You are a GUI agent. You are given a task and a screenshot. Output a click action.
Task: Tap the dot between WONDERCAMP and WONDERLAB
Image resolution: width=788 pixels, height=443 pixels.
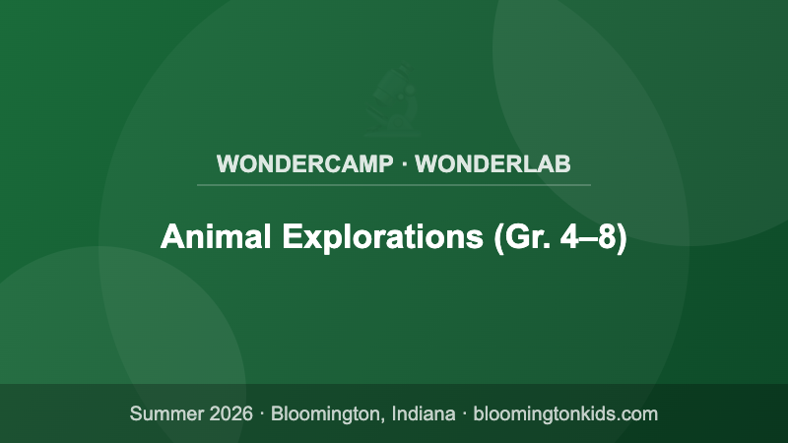coord(404,163)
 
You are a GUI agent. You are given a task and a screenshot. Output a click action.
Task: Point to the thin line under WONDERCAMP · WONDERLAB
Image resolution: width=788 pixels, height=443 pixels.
coord(394,184)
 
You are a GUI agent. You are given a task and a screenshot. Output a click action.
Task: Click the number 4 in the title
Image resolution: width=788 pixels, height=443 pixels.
coord(570,238)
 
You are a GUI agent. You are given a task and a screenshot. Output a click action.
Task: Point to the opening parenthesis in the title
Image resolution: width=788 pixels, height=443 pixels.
coord(495,238)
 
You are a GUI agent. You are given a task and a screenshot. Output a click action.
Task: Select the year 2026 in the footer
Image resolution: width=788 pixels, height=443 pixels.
coord(231,413)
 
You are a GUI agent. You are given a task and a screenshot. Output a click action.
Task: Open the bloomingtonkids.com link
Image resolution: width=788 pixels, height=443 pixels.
coord(565,413)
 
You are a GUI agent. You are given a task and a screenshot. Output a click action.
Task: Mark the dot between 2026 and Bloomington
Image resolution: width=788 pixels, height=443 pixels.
coord(263,413)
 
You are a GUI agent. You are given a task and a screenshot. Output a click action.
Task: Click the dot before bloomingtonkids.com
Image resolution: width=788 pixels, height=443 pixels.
coord(464,413)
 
